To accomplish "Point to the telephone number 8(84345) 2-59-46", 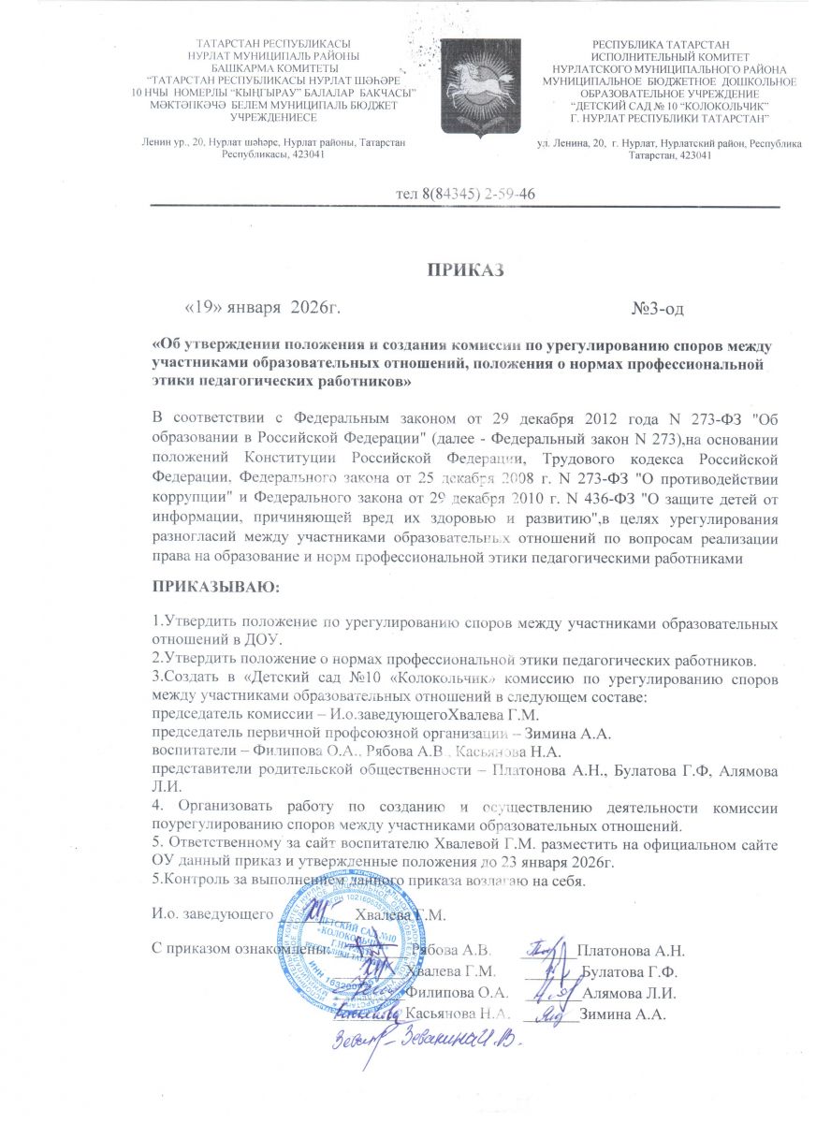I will pyautogui.click(x=466, y=194).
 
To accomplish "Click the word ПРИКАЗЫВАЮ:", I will pyautogui.click(x=215, y=587).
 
